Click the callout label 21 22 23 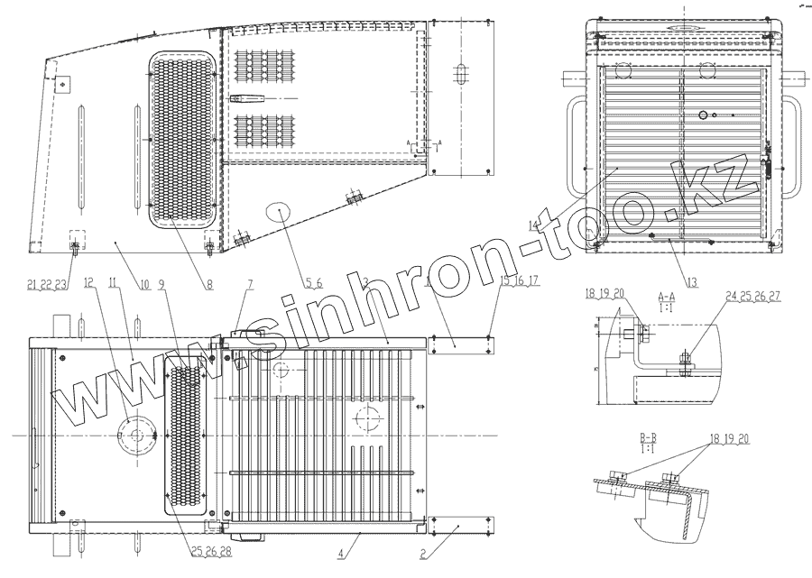pyautogui.click(x=48, y=284)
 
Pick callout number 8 pyautogui.click(x=209, y=284)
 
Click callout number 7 pyautogui.click(x=250, y=284)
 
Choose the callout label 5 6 pyautogui.click(x=313, y=284)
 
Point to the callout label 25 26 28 pyautogui.click(x=211, y=551)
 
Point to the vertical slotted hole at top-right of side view pyautogui.click(x=461, y=75)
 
